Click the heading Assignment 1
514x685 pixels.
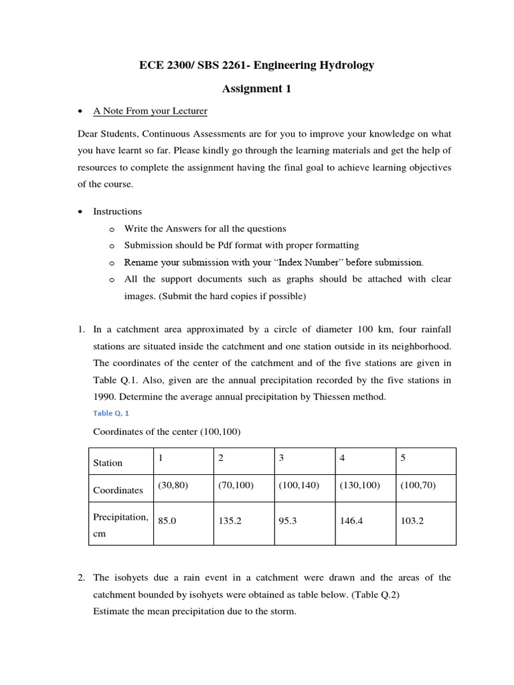[256, 88]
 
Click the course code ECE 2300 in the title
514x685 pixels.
[163, 65]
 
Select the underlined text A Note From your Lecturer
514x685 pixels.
[150, 111]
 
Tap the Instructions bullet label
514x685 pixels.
[117, 211]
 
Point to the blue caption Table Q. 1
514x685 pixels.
[110, 413]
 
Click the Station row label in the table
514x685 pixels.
[108, 463]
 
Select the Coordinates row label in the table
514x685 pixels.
[118, 490]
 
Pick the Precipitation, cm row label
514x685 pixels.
[120, 526]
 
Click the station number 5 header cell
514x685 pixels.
[403, 458]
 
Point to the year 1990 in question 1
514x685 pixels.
[105, 397]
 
